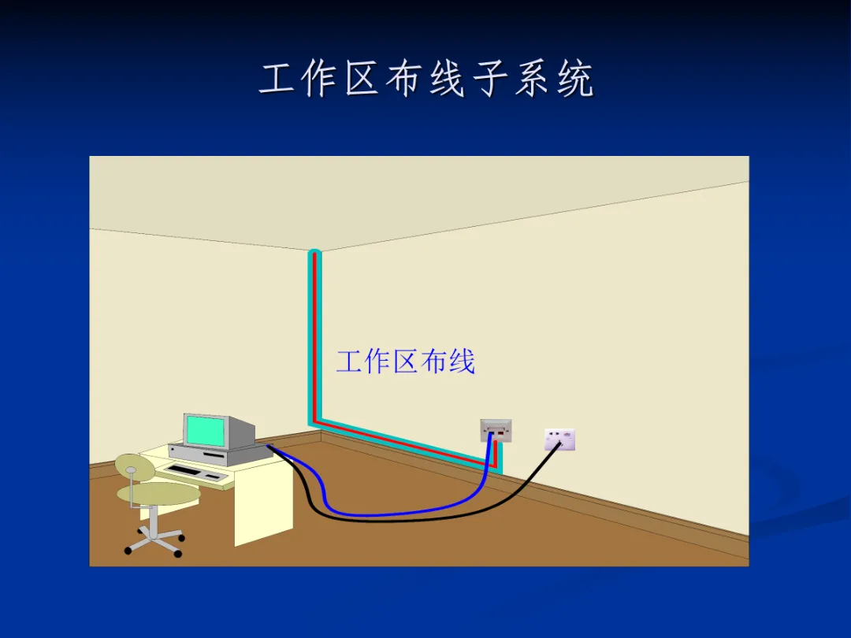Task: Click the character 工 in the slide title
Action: [x=278, y=80]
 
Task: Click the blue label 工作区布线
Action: [x=405, y=362]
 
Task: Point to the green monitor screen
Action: [x=204, y=431]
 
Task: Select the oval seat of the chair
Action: [x=158, y=494]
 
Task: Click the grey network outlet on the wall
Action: [x=496, y=429]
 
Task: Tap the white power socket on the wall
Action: [x=559, y=439]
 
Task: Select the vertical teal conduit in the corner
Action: [x=314, y=339]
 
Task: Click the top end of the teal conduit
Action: [x=314, y=254]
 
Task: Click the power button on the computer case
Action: [x=173, y=451]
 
